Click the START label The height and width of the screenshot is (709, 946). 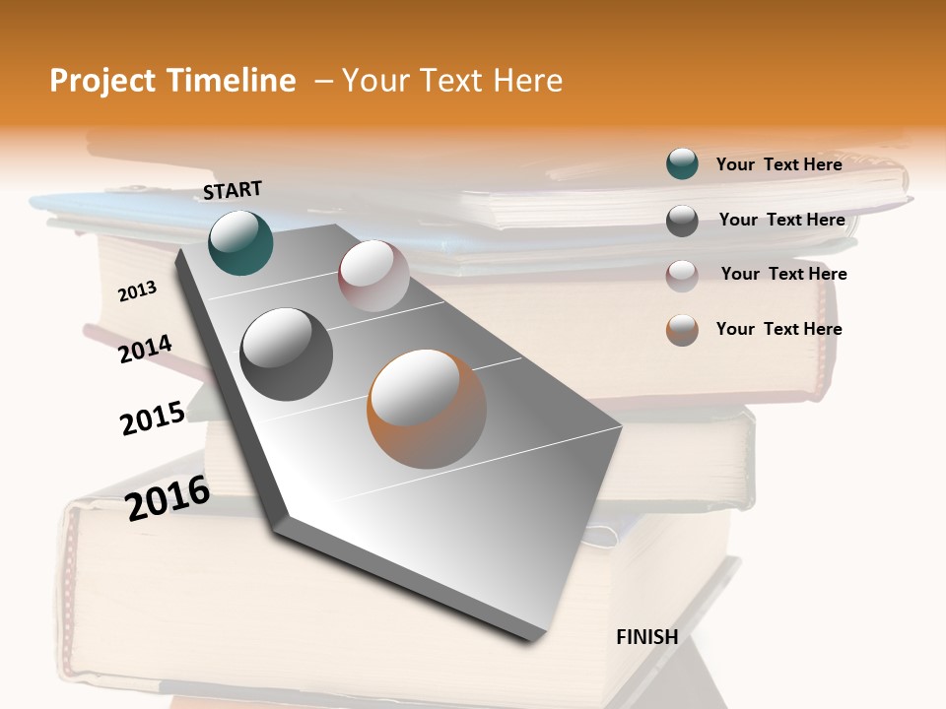point(233,189)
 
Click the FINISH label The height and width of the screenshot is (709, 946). point(646,637)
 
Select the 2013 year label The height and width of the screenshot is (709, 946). point(137,291)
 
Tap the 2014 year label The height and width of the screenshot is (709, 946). point(145,350)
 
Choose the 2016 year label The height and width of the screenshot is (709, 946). point(168,497)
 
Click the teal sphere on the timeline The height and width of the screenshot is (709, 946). point(240,242)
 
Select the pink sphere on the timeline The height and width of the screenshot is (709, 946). point(373,276)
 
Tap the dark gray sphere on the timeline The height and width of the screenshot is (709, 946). point(287,354)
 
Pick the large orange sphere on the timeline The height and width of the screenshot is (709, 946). point(427,409)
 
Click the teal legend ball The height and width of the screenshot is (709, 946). point(682,164)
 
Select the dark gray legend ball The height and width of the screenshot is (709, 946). point(682,221)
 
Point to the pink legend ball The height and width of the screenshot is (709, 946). point(682,275)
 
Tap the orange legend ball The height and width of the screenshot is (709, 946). point(682,330)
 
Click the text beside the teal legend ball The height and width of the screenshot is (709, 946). point(778,164)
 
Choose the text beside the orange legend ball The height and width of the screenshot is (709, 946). point(778,329)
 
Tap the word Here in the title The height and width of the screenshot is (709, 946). point(527,81)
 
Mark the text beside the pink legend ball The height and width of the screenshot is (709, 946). point(783,274)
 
